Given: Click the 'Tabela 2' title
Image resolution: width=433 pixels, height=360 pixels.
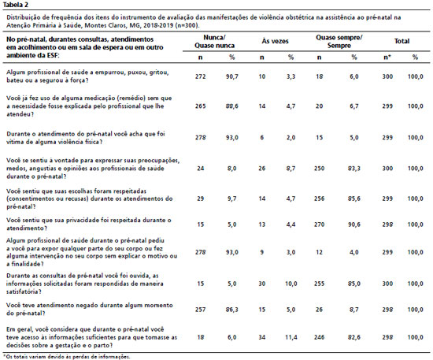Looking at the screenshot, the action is pyautogui.click(x=15, y=5).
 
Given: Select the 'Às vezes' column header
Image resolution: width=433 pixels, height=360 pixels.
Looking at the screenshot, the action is pyautogui.click(x=275, y=41).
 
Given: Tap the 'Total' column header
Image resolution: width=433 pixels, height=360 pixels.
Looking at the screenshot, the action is pyautogui.click(x=402, y=41).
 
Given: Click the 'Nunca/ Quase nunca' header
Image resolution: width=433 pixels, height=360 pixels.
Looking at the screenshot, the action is pyautogui.click(x=215, y=42).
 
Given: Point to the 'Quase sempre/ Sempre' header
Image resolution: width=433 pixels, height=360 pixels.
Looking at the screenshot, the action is pyautogui.click(x=339, y=42).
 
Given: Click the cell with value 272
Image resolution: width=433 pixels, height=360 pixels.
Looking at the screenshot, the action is pyautogui.click(x=201, y=76).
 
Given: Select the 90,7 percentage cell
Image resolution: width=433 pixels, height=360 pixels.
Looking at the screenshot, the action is pyautogui.click(x=231, y=76).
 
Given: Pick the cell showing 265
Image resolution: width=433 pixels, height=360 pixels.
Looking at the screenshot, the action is pyautogui.click(x=201, y=106).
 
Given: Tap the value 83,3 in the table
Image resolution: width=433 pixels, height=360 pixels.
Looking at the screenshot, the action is pyautogui.click(x=354, y=169).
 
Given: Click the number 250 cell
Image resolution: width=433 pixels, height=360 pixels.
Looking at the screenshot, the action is pyautogui.click(x=319, y=169).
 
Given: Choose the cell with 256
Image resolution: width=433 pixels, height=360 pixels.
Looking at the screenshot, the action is pyautogui.click(x=319, y=199).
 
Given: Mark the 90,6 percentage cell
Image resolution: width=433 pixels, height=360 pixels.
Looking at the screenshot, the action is pyautogui.click(x=354, y=225).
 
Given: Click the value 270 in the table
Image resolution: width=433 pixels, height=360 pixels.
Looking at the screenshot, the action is pyautogui.click(x=319, y=225).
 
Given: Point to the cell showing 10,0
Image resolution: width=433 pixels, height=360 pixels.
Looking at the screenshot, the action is pyautogui.click(x=291, y=284).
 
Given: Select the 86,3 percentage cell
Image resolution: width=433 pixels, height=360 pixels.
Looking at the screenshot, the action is pyautogui.click(x=231, y=310).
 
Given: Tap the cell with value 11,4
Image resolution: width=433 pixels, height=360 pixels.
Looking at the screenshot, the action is pyautogui.click(x=291, y=337).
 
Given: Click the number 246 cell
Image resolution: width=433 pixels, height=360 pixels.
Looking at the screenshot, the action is pyautogui.click(x=319, y=337).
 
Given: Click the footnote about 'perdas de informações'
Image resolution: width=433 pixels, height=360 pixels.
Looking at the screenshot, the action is pyautogui.click(x=67, y=357).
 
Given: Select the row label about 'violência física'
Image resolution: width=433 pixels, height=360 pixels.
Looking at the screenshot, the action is pyautogui.click(x=86, y=138).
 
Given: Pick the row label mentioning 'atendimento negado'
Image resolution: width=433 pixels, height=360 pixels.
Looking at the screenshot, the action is pyautogui.click(x=90, y=310).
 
